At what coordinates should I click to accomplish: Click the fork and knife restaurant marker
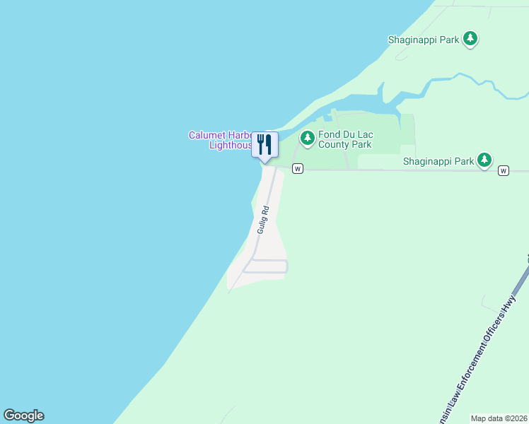(264, 145)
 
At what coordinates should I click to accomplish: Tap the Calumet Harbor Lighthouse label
(220, 140)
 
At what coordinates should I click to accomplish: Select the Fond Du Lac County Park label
(344, 140)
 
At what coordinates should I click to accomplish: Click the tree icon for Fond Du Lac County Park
(307, 138)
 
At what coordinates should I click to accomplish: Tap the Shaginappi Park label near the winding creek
(424, 40)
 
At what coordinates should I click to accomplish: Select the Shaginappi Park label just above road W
(438, 161)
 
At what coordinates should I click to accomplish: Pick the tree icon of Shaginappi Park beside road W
(484, 160)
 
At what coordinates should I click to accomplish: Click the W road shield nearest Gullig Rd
(298, 169)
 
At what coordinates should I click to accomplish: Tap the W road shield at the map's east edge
(503, 170)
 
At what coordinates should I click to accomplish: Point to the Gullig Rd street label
(263, 220)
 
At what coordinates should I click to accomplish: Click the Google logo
(23, 416)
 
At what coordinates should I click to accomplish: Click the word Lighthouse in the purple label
(231, 146)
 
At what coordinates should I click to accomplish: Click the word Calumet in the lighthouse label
(206, 135)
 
